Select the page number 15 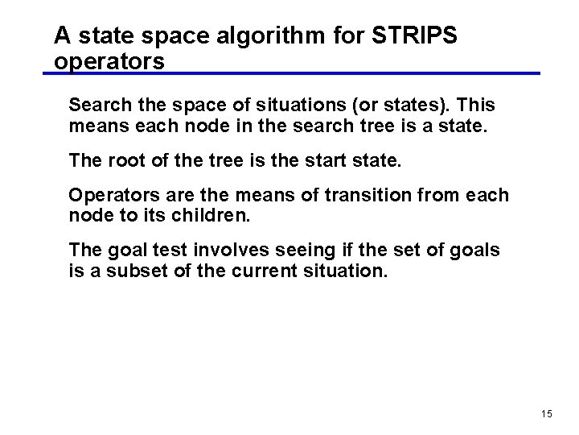[547, 413]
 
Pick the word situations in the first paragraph [295, 105]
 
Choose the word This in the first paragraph [478, 105]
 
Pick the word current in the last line [265, 271]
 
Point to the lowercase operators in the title [109, 61]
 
